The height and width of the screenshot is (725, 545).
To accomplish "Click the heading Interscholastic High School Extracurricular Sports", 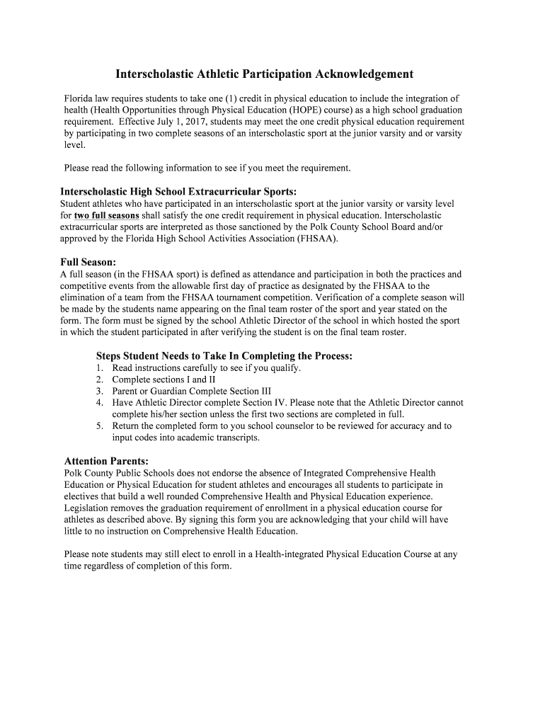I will tap(178, 191).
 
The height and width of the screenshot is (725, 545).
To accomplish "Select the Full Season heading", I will tap(88, 262).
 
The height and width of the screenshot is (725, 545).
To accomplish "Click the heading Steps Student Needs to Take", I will tap(224, 355).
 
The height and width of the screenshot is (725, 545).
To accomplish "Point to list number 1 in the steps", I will tap(99, 368).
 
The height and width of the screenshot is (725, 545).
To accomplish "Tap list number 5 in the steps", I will tap(99, 426).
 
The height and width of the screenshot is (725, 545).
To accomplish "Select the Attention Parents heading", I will tap(106, 461).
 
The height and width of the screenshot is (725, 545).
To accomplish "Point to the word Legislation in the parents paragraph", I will tap(88, 508).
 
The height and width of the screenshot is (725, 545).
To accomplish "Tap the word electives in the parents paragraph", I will tap(81, 496).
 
